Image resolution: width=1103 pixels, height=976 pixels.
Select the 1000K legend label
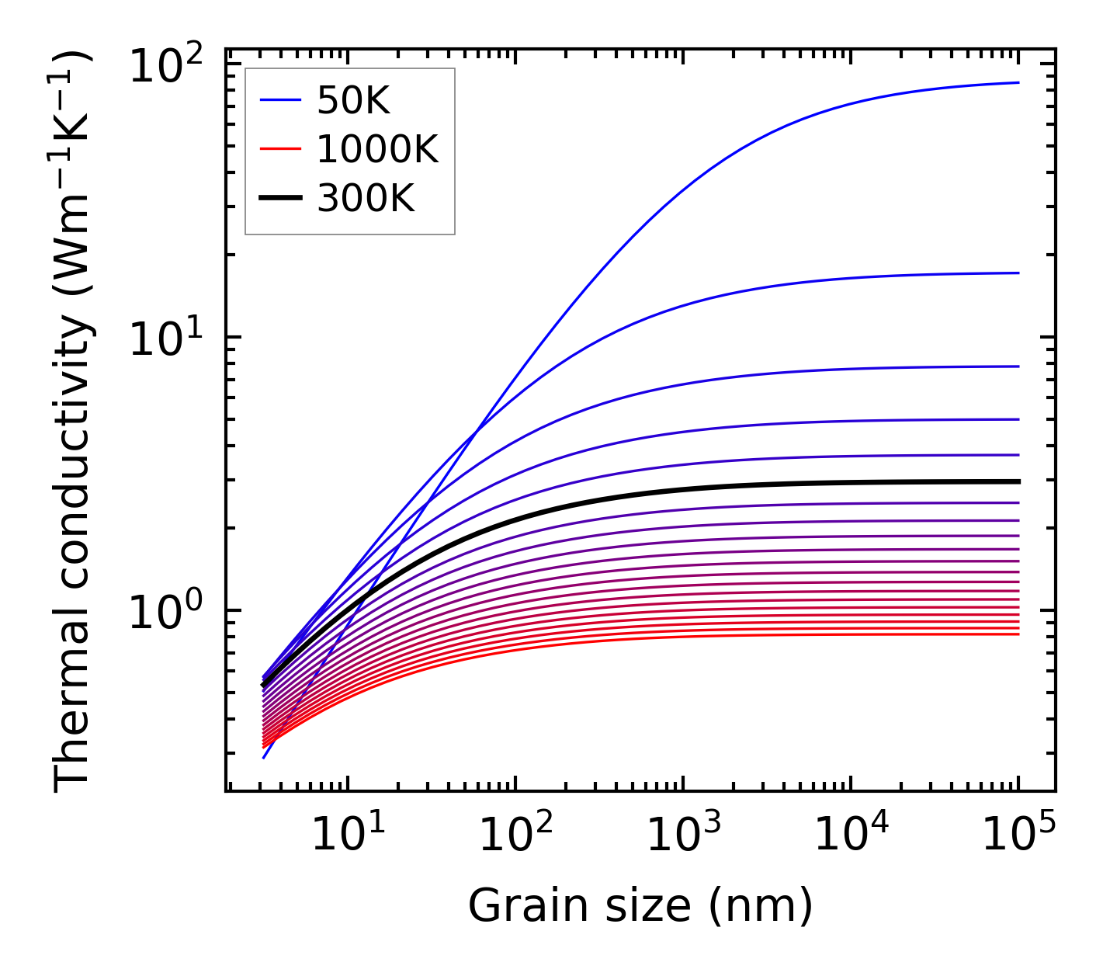click(377, 149)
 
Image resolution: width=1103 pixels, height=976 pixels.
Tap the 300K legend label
click(366, 199)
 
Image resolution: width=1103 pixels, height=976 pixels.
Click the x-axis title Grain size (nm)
click(640, 906)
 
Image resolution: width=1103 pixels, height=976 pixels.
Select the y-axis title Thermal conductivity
click(74, 419)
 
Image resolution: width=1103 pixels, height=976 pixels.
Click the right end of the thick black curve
click(1017, 481)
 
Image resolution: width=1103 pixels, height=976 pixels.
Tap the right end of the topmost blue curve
click(1017, 82)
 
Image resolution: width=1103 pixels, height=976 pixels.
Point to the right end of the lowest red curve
click(1017, 634)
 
